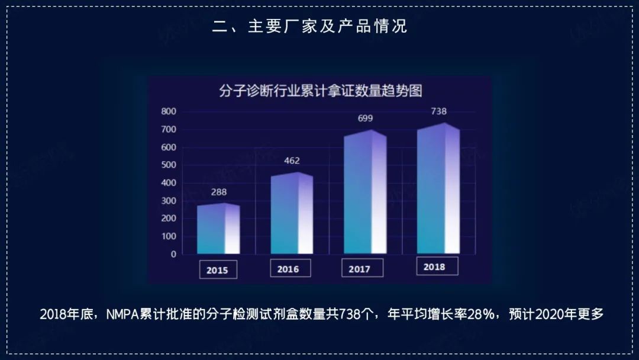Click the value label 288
point(218,192)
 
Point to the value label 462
point(292,160)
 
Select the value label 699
point(365,118)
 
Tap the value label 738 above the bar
point(438,111)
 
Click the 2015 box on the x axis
point(217,269)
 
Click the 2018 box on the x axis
point(434,266)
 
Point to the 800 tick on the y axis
point(169,111)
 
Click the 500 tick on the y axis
point(169,165)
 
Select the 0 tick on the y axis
point(173,254)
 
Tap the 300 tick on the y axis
point(169,201)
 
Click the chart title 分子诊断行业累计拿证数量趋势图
point(320,91)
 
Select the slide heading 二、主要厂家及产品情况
point(310,27)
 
